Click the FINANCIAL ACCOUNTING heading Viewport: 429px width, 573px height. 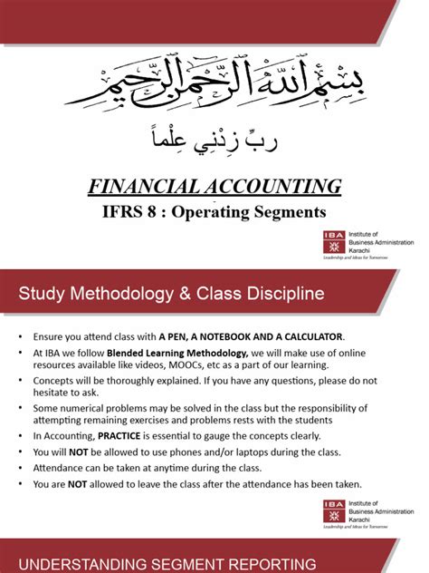[214, 188]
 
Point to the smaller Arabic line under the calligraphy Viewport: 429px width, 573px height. [214, 140]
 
